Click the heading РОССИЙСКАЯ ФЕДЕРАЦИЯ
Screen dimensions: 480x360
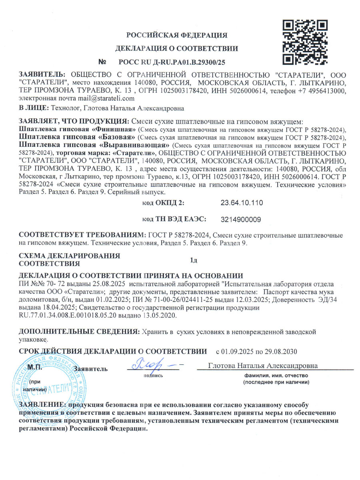pos(177,35)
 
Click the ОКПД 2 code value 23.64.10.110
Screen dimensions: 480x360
pos(242,203)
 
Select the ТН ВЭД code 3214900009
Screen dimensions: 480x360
pos(241,219)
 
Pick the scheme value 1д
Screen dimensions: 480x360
pos(194,261)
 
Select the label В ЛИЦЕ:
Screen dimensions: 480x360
pos(33,108)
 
